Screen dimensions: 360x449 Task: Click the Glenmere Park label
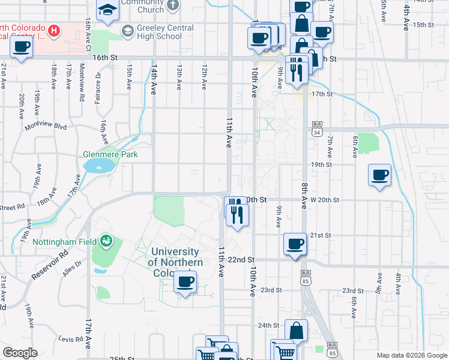tap(110, 154)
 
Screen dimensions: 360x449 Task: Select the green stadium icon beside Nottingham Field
tap(107, 241)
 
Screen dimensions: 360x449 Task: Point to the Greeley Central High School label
tap(158, 32)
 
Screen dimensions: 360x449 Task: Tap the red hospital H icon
tap(54, 29)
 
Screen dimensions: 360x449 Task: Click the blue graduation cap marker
tap(107, 10)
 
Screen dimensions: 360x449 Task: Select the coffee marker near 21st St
tap(294, 244)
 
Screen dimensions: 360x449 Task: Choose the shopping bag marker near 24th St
tap(297, 330)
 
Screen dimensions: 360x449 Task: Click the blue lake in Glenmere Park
tap(99, 165)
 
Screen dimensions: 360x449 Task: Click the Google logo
tap(20, 353)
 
